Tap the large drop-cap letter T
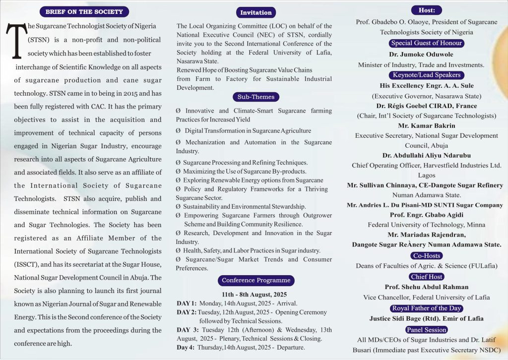16,42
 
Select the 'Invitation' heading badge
255,12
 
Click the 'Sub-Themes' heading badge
256,97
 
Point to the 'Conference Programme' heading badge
256,280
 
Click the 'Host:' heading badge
427,10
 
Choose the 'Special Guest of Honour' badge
427,43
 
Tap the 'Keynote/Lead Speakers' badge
427,75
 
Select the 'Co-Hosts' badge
427,256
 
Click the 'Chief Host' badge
427,277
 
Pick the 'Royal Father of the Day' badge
427,308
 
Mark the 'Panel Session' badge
427,330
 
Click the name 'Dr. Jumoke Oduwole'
427,54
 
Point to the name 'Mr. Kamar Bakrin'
427,125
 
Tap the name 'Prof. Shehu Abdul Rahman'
427,287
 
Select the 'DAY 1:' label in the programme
187,303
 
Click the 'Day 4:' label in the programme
186,348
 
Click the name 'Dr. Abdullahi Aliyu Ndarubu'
427,155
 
